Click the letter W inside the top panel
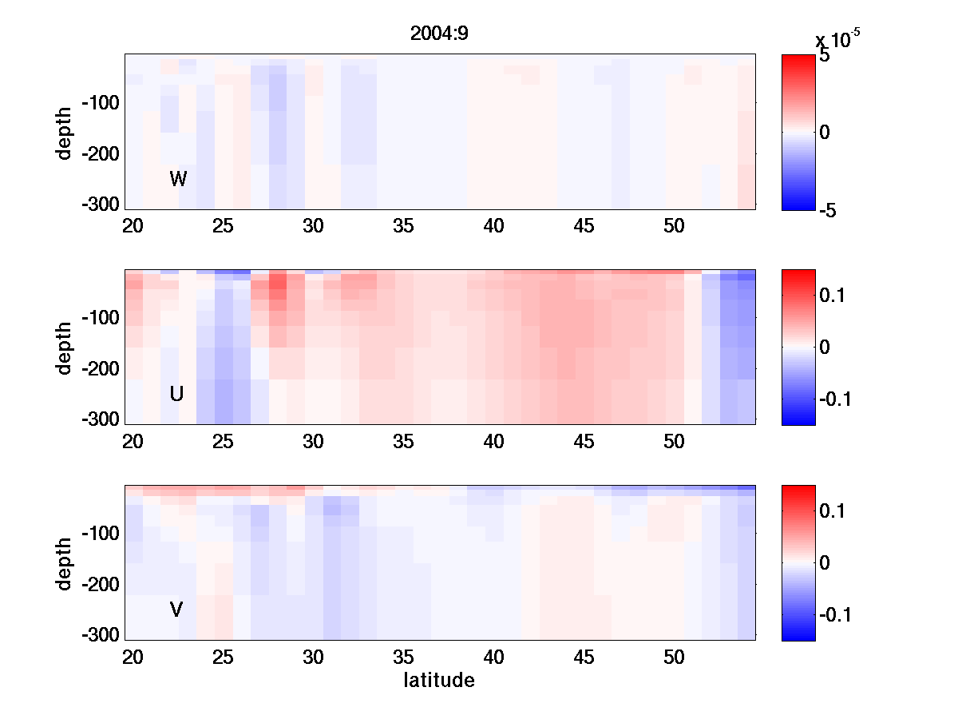click(178, 179)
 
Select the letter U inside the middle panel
click(177, 394)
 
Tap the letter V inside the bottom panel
click(176, 610)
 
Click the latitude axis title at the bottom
click(439, 681)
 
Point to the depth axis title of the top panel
click(65, 132)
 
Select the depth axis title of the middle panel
click(65, 348)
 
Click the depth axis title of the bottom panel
click(65, 563)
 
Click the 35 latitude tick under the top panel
click(403, 226)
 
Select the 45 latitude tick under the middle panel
click(584, 442)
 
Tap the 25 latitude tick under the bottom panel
click(223, 657)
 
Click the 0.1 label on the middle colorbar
click(836, 296)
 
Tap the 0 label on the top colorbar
click(825, 133)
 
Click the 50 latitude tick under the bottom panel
click(675, 657)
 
